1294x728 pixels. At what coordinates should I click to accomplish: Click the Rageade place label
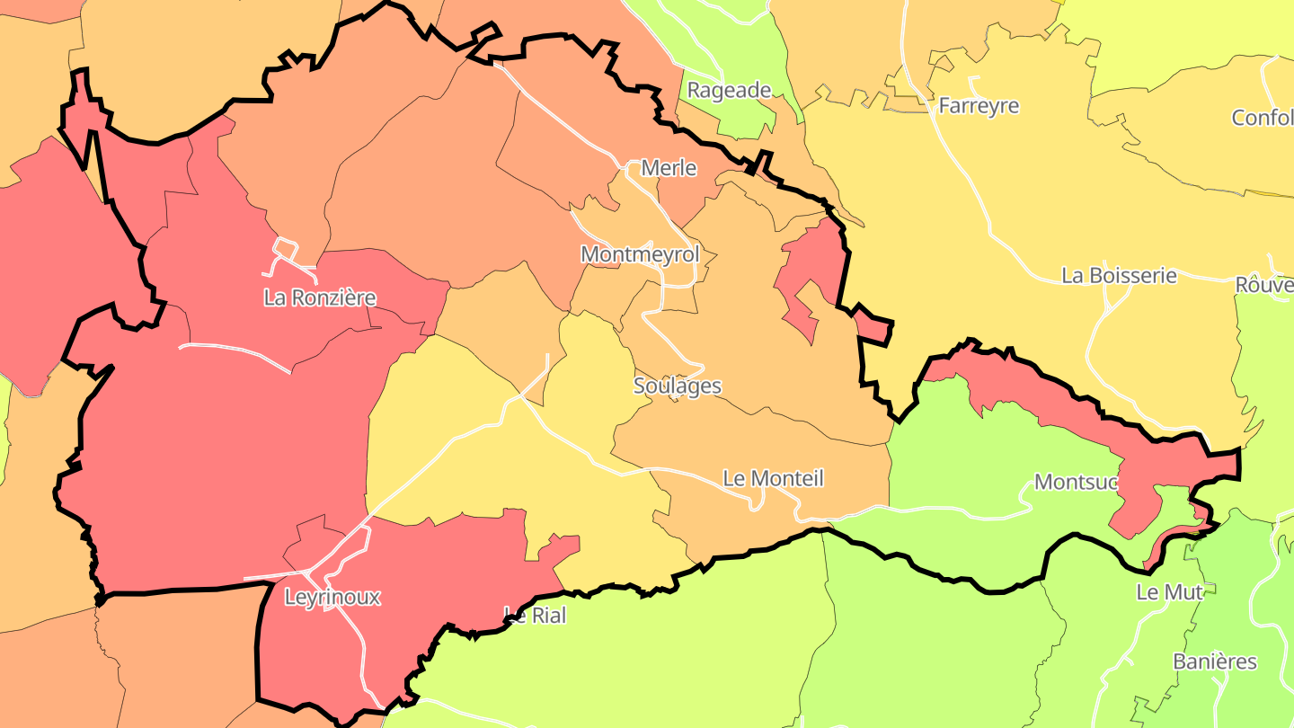point(729,90)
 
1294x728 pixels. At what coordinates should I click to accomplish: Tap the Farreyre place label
point(979,106)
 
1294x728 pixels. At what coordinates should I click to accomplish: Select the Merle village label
point(669,168)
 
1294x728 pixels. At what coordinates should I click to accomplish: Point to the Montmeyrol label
point(640,254)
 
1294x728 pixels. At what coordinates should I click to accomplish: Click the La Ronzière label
point(319,297)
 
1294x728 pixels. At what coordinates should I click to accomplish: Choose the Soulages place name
point(678,386)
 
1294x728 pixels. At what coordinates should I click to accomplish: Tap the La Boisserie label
point(1119,275)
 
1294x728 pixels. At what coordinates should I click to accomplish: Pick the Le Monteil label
point(773,478)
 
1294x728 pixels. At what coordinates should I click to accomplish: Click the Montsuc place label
point(1076,482)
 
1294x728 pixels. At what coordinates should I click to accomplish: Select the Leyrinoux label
point(332,597)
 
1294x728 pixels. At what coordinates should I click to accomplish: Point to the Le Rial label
point(535,617)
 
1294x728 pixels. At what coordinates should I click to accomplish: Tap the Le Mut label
point(1169,592)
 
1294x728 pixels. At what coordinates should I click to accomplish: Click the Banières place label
point(1215,661)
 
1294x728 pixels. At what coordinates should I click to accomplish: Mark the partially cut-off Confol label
point(1262,118)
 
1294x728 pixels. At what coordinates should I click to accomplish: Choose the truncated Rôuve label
point(1263,285)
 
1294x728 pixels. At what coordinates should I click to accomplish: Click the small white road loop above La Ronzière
point(286,246)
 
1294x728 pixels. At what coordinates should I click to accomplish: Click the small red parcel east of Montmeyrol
point(813,270)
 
